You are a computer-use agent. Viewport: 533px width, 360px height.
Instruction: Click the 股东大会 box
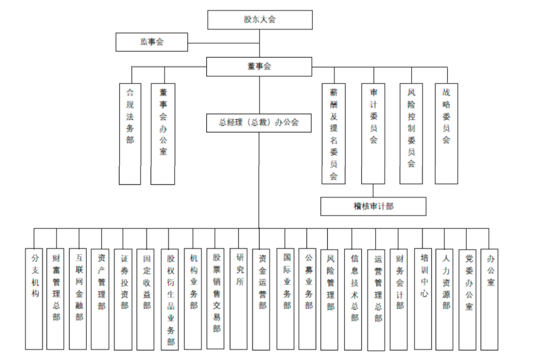[260, 20]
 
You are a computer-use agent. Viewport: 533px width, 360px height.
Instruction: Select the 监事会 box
[152, 42]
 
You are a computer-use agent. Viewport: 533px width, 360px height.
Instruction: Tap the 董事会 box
[259, 67]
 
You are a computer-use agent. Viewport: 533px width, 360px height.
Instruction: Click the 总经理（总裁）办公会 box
[259, 122]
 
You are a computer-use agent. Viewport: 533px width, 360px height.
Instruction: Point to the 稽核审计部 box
[373, 206]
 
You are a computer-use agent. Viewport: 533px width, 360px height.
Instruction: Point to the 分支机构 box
[34, 298]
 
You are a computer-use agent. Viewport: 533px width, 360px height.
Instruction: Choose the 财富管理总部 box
[56, 298]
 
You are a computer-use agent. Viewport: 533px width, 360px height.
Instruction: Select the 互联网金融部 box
[79, 298]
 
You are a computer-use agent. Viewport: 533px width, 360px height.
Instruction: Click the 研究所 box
[239, 298]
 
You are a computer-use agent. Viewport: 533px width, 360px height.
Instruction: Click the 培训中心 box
[423, 298]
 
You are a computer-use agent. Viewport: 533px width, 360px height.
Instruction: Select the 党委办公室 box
[468, 298]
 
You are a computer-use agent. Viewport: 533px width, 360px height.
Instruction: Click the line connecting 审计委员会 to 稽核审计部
[374, 191]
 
